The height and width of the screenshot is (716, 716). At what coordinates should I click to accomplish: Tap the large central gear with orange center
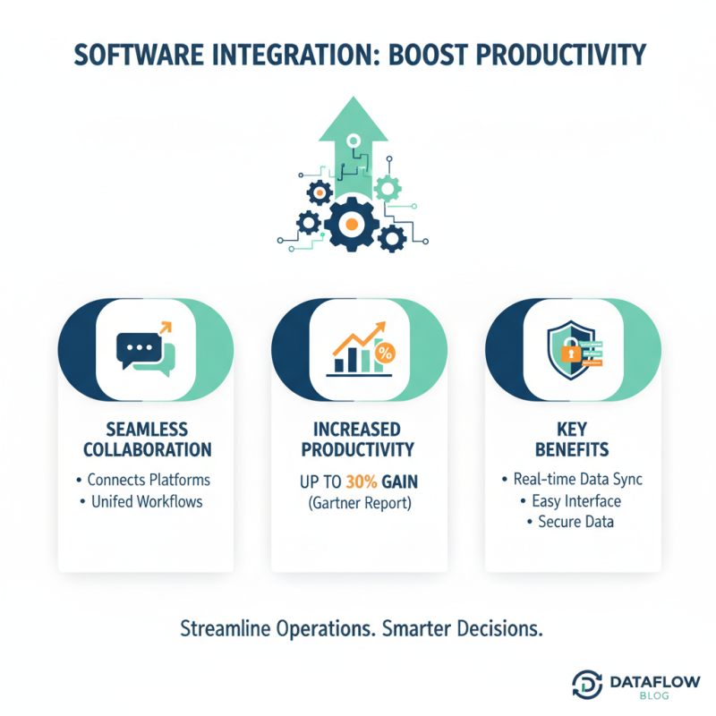point(352,221)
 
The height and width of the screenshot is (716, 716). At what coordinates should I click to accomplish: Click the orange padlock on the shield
point(568,354)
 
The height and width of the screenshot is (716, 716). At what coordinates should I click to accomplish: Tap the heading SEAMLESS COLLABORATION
point(146,438)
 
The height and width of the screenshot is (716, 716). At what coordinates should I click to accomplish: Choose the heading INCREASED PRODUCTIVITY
point(358,438)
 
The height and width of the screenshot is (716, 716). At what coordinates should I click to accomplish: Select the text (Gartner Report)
point(358,503)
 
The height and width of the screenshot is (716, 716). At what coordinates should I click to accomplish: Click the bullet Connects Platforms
point(149,480)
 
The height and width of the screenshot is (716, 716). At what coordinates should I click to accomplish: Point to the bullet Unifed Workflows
point(147,501)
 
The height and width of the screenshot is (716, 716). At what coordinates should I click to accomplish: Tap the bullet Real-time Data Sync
point(572,480)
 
